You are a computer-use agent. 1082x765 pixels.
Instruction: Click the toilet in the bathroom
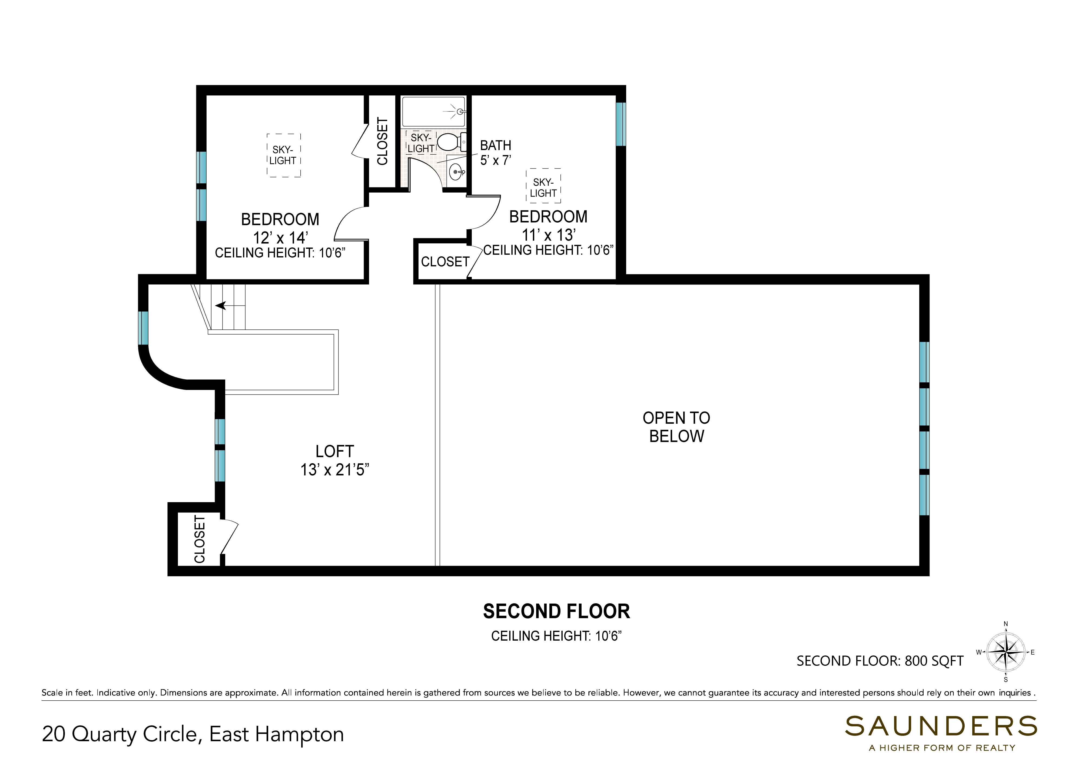452,141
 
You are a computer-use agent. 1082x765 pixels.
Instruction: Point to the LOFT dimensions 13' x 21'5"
335,470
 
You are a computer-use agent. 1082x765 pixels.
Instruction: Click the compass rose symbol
1006,652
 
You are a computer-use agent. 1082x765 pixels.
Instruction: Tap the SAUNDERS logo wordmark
941,726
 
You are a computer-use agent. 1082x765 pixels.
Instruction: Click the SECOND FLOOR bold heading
557,611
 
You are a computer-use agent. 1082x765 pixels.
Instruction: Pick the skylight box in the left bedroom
284,155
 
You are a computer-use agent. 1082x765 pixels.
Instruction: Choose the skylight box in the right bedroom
543,186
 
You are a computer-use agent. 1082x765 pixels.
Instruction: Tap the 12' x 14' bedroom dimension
280,237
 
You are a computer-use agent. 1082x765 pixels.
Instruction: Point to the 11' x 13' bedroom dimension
549,235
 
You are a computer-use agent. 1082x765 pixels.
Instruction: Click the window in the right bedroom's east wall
621,124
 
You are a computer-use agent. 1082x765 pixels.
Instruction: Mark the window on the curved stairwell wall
143,328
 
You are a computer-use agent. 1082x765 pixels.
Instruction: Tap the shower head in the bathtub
459,112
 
